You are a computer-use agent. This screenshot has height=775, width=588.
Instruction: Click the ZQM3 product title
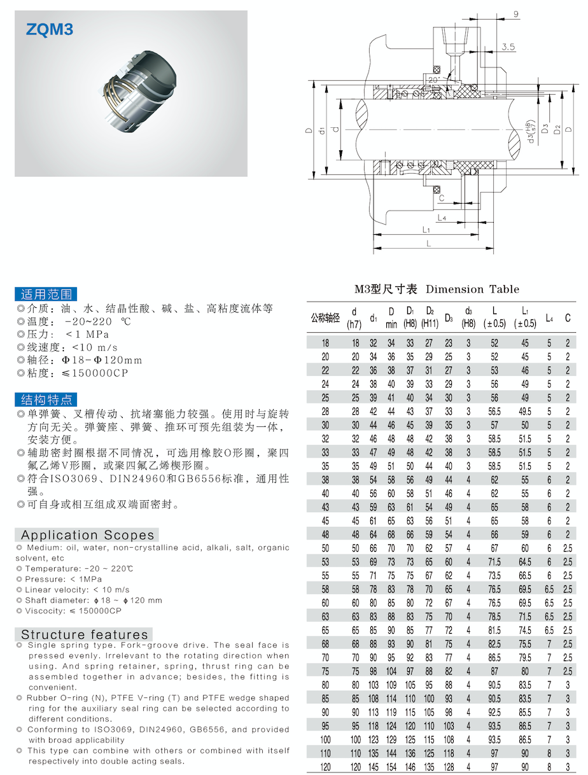50,29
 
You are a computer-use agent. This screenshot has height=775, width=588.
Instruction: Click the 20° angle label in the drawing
434,81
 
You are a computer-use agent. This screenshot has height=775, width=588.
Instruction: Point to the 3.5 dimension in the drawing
508,47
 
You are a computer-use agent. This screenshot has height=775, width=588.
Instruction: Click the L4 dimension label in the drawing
442,218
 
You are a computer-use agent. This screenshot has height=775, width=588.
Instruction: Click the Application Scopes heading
87,535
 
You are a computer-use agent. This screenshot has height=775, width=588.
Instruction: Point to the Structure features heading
84,634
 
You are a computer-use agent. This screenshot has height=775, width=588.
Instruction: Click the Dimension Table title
437,289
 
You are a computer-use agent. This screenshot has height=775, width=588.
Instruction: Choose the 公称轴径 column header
325,317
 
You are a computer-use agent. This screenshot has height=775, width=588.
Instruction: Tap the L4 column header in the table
549,317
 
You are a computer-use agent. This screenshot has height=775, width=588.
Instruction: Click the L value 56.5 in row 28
494,412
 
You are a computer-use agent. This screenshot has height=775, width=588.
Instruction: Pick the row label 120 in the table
326,767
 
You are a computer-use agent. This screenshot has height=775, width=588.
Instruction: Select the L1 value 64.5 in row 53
525,562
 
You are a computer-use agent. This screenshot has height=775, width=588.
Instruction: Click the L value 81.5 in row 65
494,630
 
